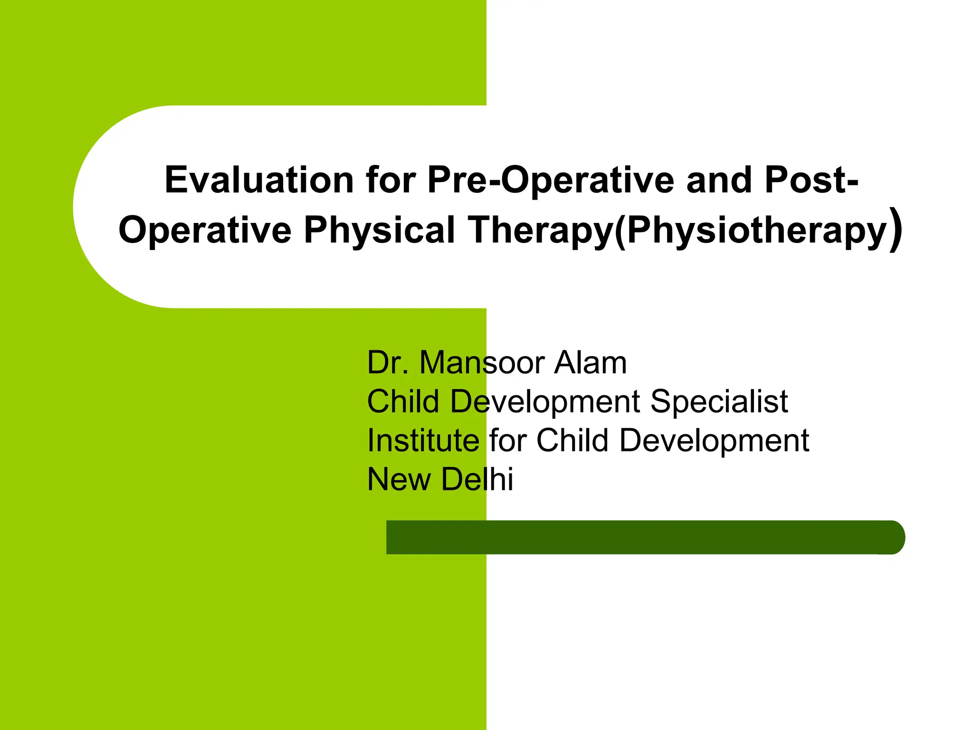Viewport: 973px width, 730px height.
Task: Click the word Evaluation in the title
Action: (259, 180)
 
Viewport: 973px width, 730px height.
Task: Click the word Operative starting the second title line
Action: (204, 231)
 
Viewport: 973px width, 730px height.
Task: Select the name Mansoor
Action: (482, 363)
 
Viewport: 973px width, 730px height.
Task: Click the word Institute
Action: (423, 440)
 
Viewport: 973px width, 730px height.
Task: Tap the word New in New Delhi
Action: (399, 479)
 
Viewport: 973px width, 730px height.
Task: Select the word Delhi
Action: (477, 479)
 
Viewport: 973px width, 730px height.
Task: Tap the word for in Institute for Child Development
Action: (507, 440)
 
